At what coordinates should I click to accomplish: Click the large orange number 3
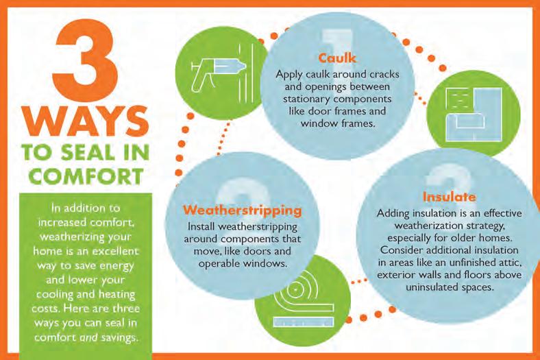click(85, 53)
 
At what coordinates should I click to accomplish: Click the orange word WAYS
click(86, 121)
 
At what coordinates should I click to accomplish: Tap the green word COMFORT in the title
click(86, 176)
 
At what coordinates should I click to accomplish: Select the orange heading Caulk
click(337, 58)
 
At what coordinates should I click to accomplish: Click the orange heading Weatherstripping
click(243, 210)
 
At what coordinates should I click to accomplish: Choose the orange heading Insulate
click(449, 197)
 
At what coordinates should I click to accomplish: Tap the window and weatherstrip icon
click(474, 115)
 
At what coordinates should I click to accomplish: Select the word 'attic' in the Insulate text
click(510, 263)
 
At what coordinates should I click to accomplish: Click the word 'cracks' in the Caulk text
click(384, 75)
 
